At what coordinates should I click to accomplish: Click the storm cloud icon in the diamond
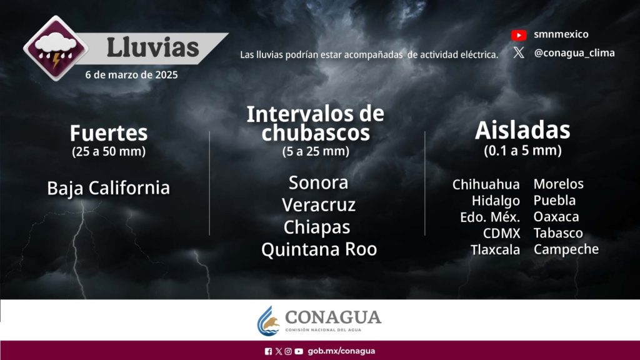56,49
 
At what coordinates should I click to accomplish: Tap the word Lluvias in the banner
152,47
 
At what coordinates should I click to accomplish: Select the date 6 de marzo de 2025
131,75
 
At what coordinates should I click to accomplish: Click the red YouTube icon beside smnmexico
519,35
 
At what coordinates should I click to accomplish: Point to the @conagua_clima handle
574,53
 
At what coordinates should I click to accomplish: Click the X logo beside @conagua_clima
519,52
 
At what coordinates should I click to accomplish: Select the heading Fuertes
109,133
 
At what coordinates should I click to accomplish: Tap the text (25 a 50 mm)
109,151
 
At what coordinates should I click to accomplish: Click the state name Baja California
109,188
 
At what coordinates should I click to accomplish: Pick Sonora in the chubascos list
318,182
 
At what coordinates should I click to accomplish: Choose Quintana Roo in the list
319,249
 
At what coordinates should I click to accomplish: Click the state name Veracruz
319,205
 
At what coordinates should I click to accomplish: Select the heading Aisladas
522,130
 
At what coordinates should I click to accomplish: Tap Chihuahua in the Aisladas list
486,184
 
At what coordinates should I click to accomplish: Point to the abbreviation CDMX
502,234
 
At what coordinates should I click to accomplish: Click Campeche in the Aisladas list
566,249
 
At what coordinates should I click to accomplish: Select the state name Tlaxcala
495,250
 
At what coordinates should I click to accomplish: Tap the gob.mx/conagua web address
341,351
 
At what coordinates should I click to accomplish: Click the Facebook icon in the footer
268,351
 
